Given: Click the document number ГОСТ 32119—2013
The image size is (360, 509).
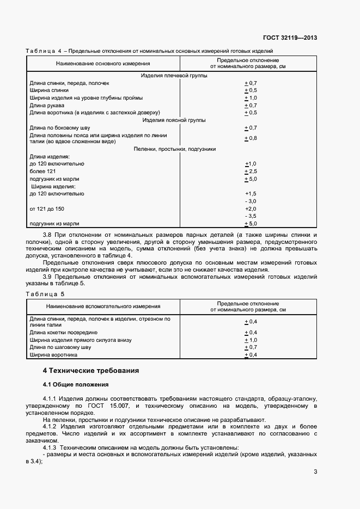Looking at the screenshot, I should click(290, 38).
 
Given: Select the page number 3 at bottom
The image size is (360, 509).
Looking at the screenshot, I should click(315, 472).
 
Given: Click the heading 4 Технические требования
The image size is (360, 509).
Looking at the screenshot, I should click(91, 371).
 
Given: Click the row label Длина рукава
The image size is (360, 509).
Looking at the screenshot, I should click(47, 105).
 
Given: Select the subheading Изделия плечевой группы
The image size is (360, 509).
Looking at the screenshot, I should click(174, 76).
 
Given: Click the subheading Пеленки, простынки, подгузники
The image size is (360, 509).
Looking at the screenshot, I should click(174, 149).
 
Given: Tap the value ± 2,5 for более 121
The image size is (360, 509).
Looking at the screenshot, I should click(251, 171).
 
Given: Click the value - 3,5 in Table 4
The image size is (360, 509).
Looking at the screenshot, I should click(251, 216).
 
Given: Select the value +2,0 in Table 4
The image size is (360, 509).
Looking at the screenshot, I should click(251, 208).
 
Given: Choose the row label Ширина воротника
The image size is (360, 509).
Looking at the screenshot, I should click(53, 355).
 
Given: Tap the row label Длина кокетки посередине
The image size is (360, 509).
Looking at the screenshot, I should click(64, 332).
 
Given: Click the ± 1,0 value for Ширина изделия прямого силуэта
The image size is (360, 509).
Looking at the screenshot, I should click(251, 340).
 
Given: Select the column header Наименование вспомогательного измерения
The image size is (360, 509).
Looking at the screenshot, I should click(103, 306).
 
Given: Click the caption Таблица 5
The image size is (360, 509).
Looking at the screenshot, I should click(45, 294).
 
